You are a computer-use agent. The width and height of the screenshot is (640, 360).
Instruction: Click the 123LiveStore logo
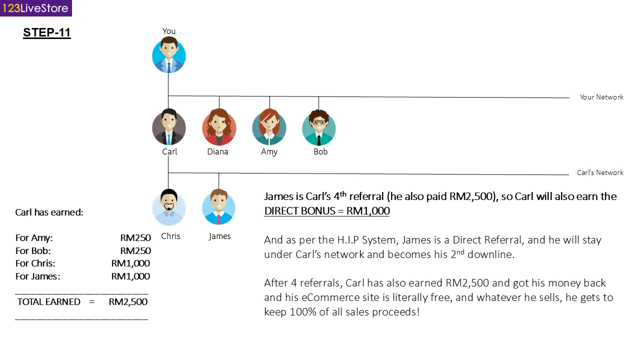[35, 8]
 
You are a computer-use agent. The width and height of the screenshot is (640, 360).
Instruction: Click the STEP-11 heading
[47, 32]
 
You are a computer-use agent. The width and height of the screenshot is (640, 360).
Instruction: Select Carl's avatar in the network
[169, 127]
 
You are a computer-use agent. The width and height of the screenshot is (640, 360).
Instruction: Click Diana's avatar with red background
[219, 127]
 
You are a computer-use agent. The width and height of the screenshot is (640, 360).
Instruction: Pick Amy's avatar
[269, 127]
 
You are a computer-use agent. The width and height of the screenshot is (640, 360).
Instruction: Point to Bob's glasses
[319, 122]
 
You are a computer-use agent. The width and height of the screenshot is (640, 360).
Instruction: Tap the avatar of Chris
[169, 207]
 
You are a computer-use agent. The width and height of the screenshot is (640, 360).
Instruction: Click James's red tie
[218, 219]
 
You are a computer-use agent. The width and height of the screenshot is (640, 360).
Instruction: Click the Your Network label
[601, 97]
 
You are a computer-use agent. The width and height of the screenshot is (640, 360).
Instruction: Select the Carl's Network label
[600, 172]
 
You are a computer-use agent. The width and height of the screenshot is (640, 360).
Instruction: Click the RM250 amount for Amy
[135, 237]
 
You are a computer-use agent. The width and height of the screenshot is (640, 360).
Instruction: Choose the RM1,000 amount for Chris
[130, 263]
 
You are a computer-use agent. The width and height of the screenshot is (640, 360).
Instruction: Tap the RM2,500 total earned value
[128, 301]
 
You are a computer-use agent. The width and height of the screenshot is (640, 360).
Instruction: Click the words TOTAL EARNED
[49, 301]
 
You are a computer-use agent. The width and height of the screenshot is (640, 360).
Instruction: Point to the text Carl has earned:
[49, 212]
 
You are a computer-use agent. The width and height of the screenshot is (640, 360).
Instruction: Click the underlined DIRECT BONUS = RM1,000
[327, 211]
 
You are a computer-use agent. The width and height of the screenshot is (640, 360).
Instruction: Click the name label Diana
[217, 151]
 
